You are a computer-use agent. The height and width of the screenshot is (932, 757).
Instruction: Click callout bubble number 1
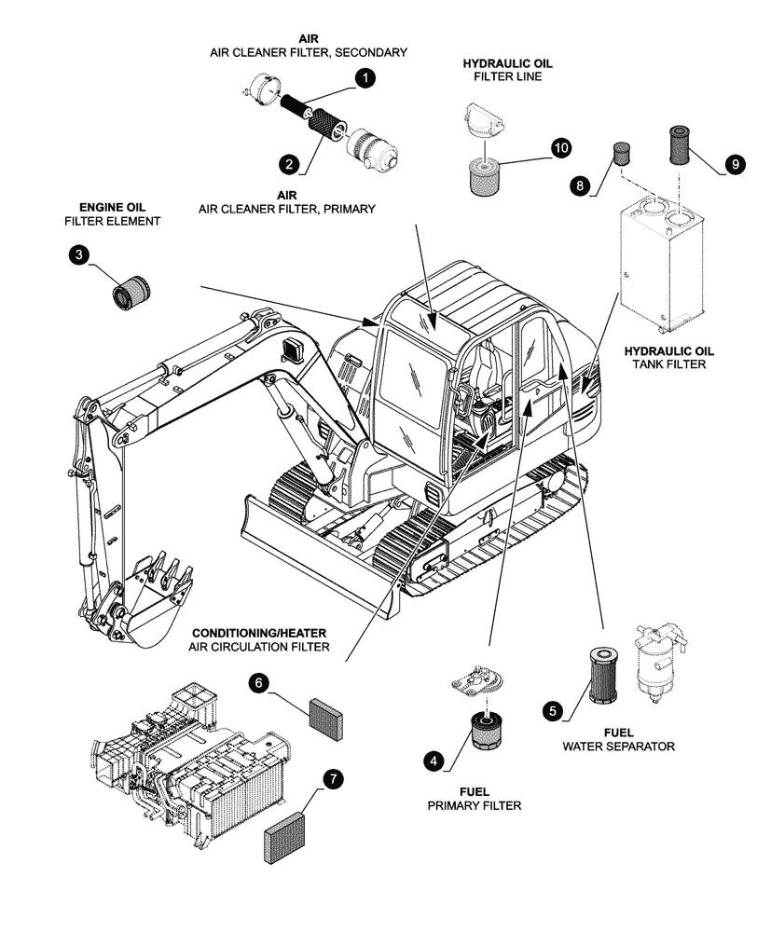[x=366, y=80]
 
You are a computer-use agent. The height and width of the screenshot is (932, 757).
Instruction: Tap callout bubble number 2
[x=290, y=163]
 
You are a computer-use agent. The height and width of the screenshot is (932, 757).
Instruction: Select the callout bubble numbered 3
[x=78, y=255]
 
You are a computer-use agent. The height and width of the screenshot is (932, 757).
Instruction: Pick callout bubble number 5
[x=553, y=711]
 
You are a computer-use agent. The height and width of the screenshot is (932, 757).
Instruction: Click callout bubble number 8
[x=580, y=186]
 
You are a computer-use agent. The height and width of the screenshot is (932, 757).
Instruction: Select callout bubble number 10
[x=560, y=148]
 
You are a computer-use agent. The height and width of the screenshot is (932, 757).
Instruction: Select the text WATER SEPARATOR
[x=618, y=747]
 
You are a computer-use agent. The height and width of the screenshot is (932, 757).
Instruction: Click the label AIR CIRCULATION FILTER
[x=258, y=647]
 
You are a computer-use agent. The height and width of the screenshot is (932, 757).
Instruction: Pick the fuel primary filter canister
[x=484, y=732]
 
